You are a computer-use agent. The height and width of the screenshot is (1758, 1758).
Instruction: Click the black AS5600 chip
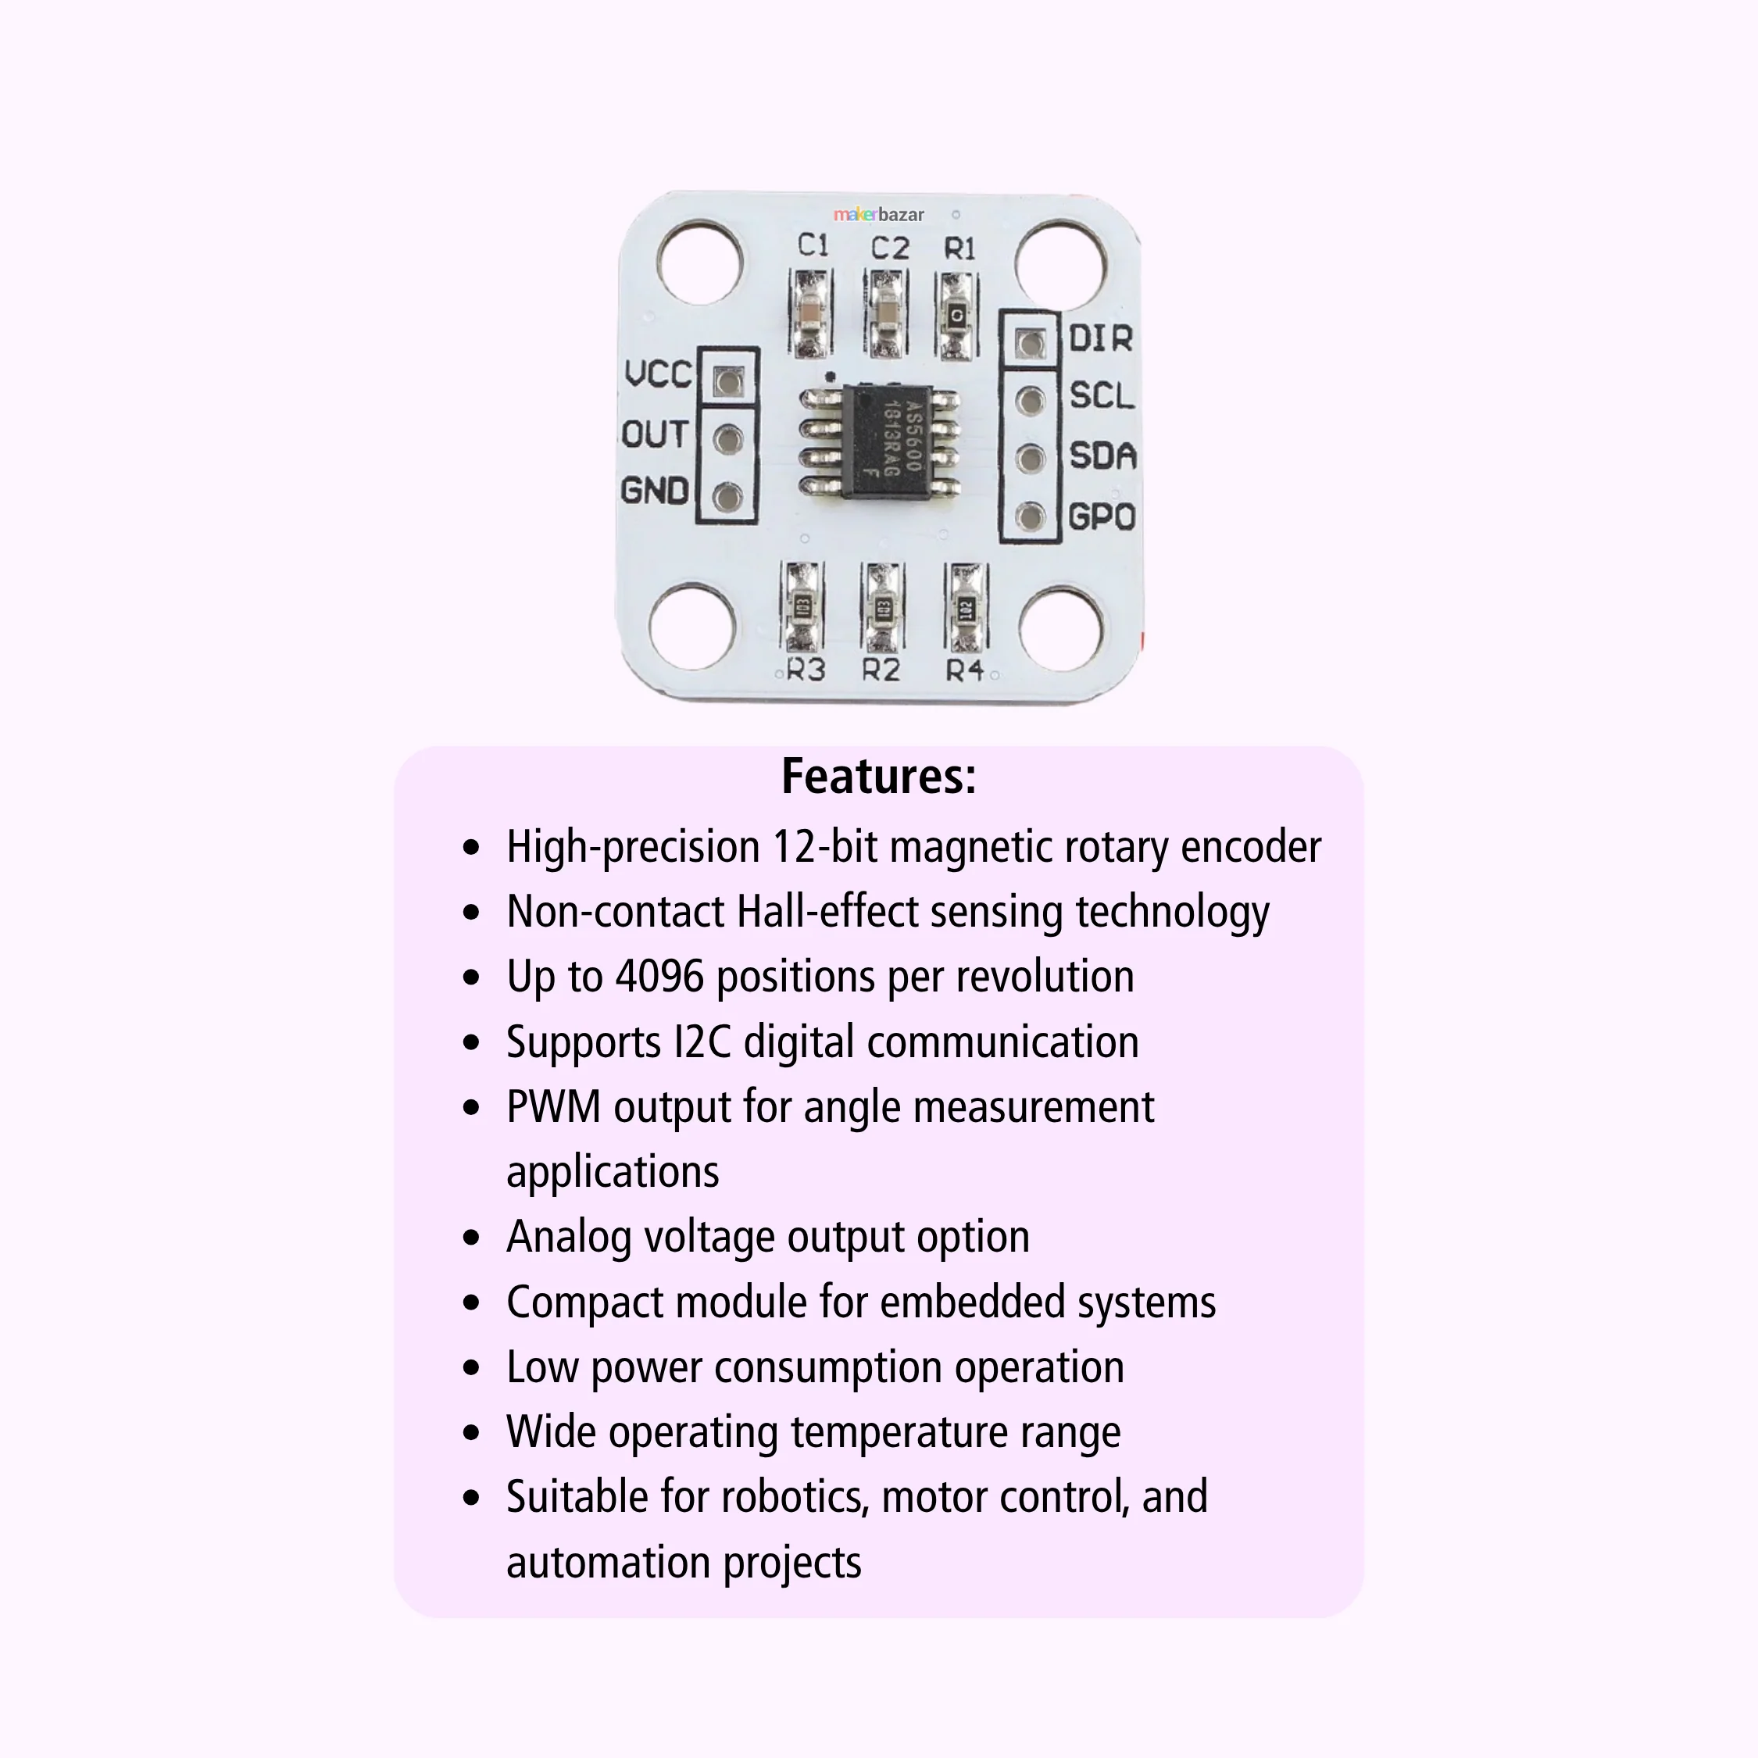pyautogui.click(x=879, y=441)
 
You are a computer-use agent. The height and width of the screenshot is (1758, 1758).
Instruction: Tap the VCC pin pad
pyautogui.click(x=727, y=381)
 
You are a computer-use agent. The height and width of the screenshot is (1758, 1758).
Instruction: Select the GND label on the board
pyautogui.click(x=654, y=491)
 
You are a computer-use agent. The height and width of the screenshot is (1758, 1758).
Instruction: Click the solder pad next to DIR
pyautogui.click(x=1030, y=343)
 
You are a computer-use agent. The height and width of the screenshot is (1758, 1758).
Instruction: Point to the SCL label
pyautogui.click(x=1102, y=396)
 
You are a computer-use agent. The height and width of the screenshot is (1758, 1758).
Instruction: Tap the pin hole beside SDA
pyautogui.click(x=1030, y=458)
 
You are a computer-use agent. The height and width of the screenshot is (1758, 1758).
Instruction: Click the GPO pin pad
pyautogui.click(x=1030, y=516)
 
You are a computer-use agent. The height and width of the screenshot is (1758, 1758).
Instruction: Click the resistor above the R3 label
pyautogui.click(x=802, y=607)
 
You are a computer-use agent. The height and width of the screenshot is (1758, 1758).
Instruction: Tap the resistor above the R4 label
pyautogui.click(x=966, y=607)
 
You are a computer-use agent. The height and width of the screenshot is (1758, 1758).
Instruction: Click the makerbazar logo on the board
pyautogui.click(x=878, y=215)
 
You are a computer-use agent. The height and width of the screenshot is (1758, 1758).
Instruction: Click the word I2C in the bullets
pyautogui.click(x=702, y=1042)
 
